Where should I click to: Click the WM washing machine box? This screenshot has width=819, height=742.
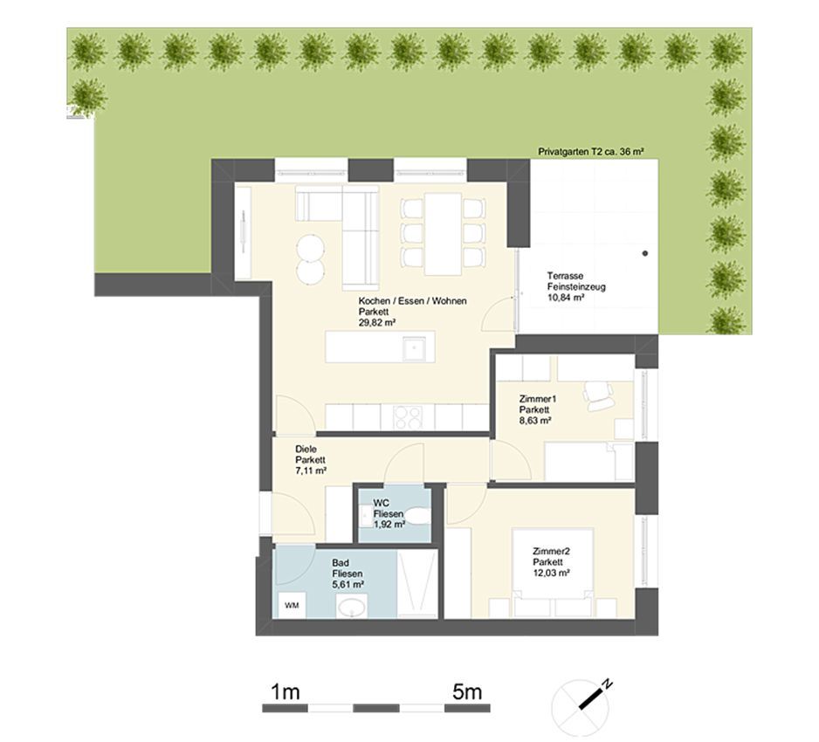[x=292, y=605]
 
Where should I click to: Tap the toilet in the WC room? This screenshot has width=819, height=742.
[x=417, y=516]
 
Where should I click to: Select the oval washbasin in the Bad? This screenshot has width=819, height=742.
[x=352, y=607]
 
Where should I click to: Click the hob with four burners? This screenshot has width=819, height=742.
[x=408, y=417]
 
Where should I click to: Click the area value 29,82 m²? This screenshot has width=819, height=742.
[x=376, y=323]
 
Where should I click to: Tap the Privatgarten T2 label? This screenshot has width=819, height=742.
[x=590, y=151]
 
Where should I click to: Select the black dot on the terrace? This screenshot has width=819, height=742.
[x=645, y=253]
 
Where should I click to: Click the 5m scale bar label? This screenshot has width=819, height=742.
[x=467, y=692]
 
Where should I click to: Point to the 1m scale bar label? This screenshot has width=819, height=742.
[x=286, y=692]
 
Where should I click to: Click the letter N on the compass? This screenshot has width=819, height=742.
[x=607, y=684]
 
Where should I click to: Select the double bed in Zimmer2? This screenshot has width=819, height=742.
[x=553, y=573]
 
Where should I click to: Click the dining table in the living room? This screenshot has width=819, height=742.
[x=443, y=234]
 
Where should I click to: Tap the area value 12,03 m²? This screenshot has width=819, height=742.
[x=551, y=573]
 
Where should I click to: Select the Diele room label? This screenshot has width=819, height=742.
[x=306, y=449]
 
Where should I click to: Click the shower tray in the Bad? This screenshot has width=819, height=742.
[x=416, y=584]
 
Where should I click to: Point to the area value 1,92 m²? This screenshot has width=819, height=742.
[x=389, y=525]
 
